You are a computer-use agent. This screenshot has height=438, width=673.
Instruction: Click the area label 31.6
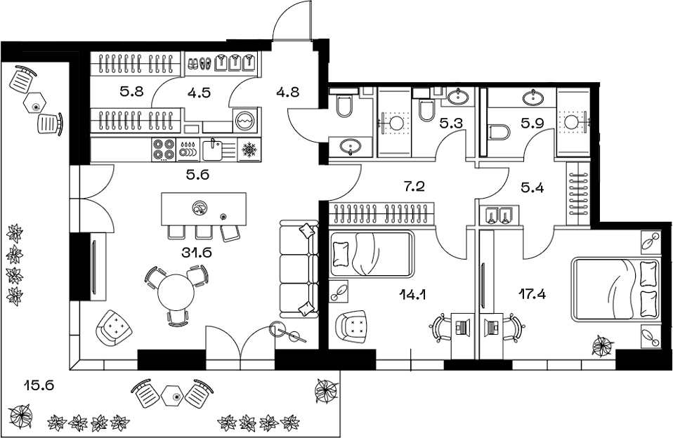pos(197,253)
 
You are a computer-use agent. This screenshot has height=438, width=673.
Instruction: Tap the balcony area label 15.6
pos(39,385)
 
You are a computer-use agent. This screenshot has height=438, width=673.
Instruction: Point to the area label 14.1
pos(412,294)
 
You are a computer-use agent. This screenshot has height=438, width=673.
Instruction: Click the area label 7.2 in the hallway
pos(414,186)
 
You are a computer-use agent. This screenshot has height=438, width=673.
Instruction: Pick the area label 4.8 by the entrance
pos(288,91)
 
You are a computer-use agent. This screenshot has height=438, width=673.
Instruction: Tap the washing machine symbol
pos(246,120)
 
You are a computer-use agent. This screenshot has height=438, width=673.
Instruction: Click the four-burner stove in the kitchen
pos(164,150)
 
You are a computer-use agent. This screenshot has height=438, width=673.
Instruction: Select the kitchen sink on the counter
pos(212,150)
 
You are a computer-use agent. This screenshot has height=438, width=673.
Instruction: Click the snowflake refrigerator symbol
pos(249,150)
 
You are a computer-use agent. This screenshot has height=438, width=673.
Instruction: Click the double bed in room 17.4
pos(616,288)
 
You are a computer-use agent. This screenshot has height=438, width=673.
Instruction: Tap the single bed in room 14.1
pos(372,254)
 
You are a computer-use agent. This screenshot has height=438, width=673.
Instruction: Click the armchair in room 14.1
pos(352,327)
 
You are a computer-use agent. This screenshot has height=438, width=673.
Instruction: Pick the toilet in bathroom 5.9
pos(498,132)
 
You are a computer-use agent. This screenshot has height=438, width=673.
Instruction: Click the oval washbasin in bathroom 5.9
pos(533,98)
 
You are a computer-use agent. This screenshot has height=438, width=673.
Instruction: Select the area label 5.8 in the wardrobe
pos(131,91)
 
